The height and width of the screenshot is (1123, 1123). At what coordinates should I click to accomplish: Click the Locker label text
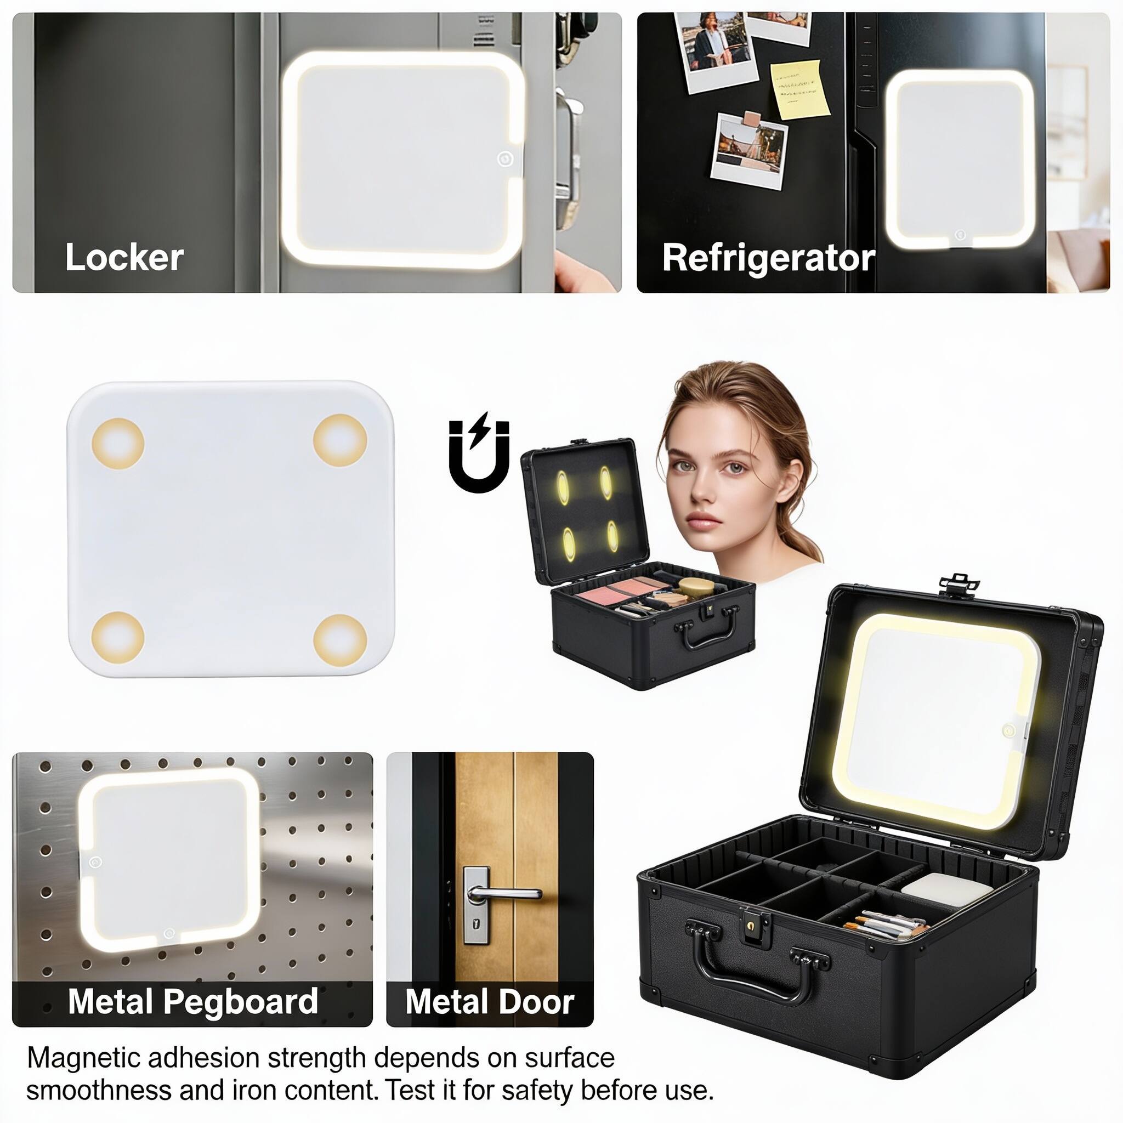(124, 257)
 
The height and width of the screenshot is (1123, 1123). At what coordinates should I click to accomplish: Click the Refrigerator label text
(768, 258)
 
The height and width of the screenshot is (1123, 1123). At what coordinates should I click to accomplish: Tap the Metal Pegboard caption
(193, 1001)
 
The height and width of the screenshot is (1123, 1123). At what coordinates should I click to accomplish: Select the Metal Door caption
(490, 1001)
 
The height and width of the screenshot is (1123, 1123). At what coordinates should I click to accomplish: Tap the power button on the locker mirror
(505, 158)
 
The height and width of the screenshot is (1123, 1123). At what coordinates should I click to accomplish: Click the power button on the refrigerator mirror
(960, 236)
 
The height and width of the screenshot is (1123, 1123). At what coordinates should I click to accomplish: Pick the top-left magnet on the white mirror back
(118, 444)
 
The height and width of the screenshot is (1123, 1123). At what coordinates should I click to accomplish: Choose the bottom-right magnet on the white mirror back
(340, 641)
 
